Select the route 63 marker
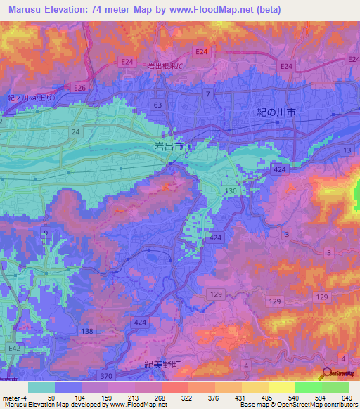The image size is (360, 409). point(157,105)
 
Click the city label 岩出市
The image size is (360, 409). point(168,146)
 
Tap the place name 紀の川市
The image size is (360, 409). point(276,112)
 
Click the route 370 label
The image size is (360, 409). point(105,377)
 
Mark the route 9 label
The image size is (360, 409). point(46,234)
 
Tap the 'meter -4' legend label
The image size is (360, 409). point(15,398)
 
